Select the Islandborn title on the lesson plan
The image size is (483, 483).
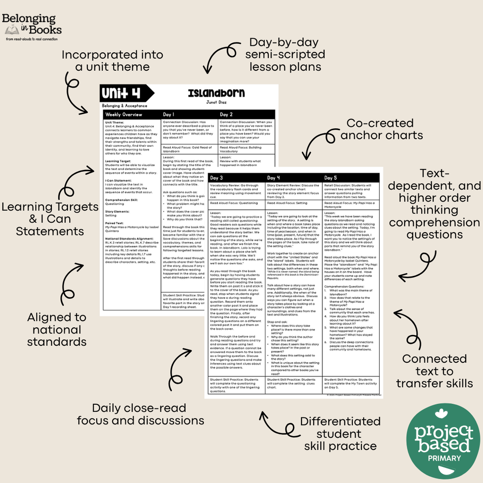point(216,93)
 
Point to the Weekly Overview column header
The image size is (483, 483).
point(124,115)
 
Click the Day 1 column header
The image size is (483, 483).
point(169,115)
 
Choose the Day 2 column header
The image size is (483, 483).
point(226,115)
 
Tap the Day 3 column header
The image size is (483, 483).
point(217,178)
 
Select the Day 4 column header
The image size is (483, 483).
point(274,178)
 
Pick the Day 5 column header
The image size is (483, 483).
point(332,178)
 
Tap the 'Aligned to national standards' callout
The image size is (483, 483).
point(57,329)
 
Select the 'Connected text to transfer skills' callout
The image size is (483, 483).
point(434,371)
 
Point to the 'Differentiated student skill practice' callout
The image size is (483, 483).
point(340,433)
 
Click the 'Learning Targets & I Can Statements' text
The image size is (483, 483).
point(50,219)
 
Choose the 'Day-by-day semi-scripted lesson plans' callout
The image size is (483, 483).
point(285,55)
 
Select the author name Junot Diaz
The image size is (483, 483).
point(216,102)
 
